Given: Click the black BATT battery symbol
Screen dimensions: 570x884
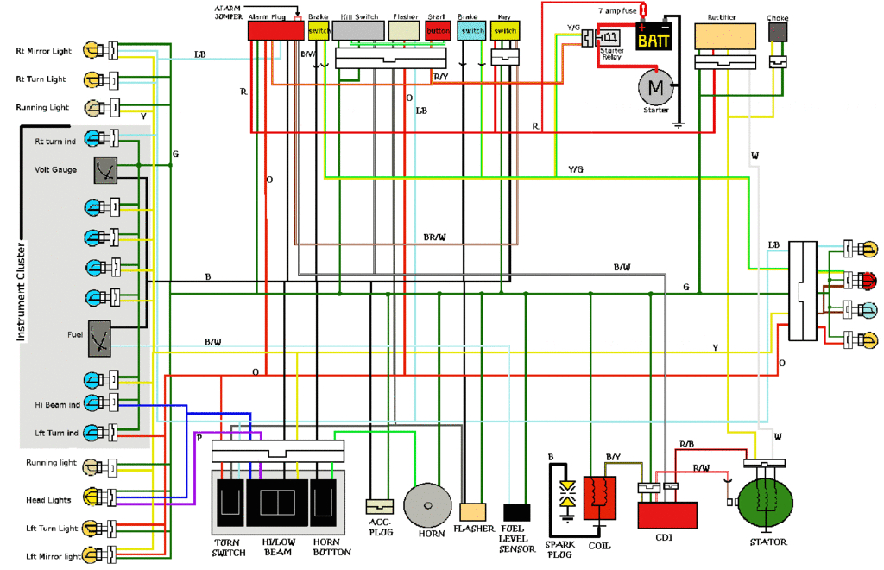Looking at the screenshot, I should [x=655, y=38].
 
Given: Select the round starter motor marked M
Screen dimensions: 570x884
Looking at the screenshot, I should [x=655, y=86].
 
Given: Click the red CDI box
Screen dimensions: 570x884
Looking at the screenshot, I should [x=666, y=515].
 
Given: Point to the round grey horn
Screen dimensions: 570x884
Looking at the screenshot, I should [x=429, y=503].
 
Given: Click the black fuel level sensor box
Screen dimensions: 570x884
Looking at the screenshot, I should [x=516, y=512].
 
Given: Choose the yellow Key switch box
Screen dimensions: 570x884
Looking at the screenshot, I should [x=504, y=31].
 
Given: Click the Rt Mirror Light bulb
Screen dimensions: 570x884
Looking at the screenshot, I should [x=92, y=51].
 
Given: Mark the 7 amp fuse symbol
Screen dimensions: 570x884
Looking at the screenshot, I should [x=642, y=10].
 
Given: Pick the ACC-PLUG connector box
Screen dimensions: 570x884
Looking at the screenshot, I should [x=379, y=507].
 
